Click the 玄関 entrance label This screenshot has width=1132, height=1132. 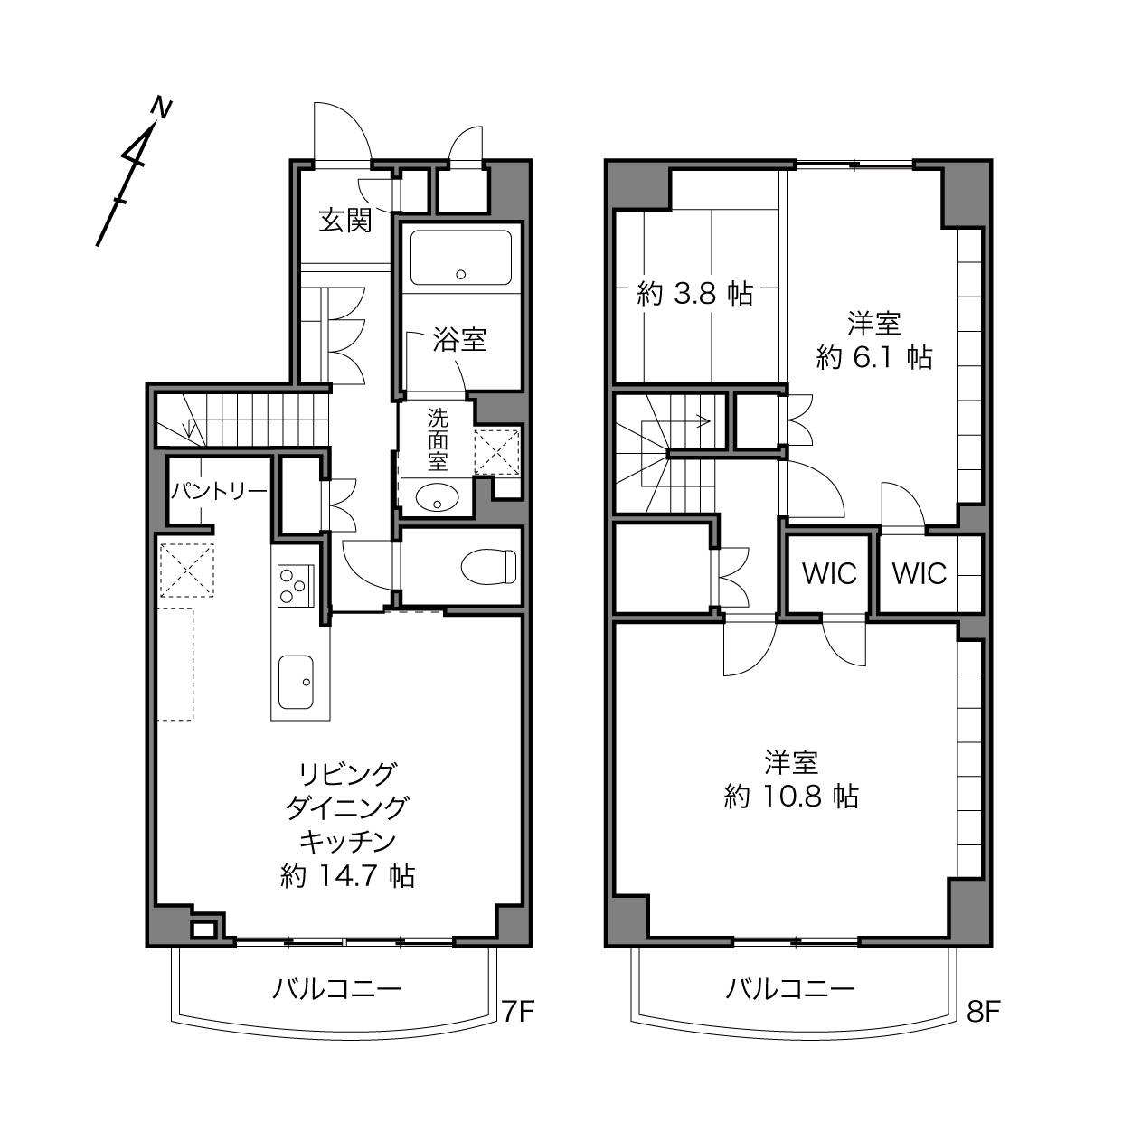point(345,221)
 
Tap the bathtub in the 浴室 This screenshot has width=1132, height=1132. point(460,258)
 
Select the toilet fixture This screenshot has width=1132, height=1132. point(488,567)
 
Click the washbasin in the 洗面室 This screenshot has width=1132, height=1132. point(437,497)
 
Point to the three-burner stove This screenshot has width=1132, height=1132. point(296,586)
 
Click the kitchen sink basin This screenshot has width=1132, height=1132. point(296,682)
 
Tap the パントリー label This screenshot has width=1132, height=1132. point(219,491)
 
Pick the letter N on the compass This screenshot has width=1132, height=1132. point(162,109)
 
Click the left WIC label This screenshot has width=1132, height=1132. point(829,573)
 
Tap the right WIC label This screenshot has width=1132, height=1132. point(920,573)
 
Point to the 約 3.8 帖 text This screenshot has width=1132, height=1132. point(695,293)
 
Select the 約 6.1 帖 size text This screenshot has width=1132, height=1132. point(874,356)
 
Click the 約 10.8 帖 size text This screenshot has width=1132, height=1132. point(791,797)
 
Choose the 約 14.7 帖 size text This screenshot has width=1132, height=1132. point(348,876)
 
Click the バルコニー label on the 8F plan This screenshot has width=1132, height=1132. point(790,989)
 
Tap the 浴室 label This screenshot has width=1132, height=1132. point(459,339)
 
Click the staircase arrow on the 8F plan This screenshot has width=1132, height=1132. point(676,421)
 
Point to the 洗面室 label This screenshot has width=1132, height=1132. point(438,439)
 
